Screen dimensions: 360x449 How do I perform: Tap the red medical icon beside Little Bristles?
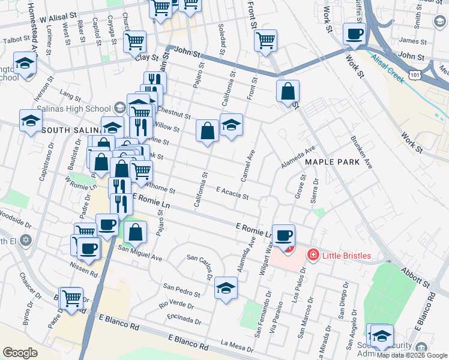[313, 256]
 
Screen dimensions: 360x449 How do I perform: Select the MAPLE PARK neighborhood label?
[332, 162]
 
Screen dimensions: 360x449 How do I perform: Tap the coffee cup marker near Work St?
[354, 34]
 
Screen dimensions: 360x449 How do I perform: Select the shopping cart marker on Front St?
[265, 40]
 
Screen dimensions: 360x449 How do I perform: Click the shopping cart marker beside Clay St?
[134, 41]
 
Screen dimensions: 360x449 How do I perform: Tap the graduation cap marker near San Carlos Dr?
[226, 287]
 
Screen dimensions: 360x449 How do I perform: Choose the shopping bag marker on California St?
[207, 131]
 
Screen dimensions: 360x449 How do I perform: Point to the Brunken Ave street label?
[361, 152]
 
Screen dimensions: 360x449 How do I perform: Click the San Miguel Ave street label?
[140, 253]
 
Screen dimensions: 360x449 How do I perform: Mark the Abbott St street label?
[417, 278]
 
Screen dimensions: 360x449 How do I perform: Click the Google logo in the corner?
[20, 353]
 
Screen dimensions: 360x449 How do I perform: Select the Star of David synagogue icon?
[25, 241]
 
